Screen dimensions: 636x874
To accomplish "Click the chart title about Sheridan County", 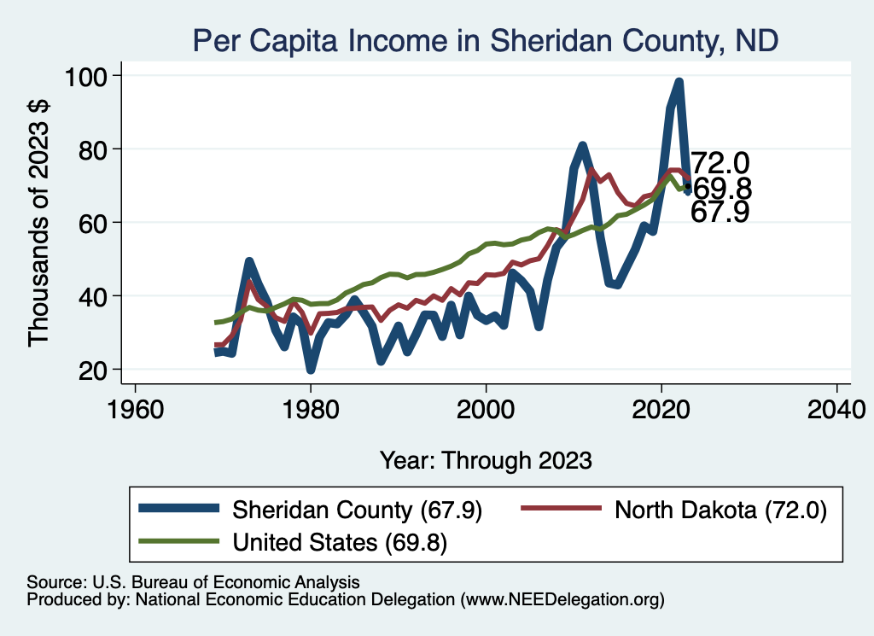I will pos(485,40).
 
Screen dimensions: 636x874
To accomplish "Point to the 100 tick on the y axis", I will pos(87,77).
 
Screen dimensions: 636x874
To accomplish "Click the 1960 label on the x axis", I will pos(135,409).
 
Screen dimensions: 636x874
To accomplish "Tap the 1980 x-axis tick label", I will pos(311,409).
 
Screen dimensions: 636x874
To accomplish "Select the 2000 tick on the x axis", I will pos(486,409).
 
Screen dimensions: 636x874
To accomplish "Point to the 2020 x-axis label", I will pos(661,409).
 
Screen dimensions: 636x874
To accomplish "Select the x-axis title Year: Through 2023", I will pos(486,460).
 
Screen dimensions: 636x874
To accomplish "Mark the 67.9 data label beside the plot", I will pos(720,213).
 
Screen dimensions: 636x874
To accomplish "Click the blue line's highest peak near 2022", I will pos(679,83).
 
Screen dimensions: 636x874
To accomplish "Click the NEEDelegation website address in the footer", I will pos(559,600).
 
